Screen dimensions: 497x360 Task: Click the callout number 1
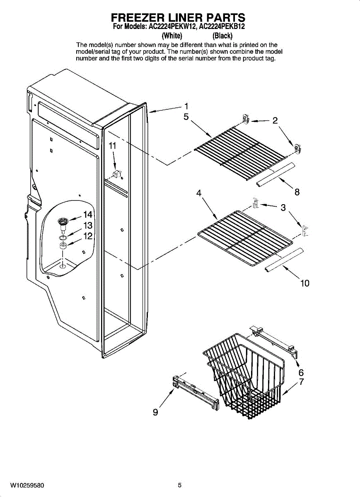[186, 106]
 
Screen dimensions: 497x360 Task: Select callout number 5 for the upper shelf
[186, 117]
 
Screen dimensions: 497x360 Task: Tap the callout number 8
[297, 192]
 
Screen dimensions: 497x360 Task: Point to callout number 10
[304, 284]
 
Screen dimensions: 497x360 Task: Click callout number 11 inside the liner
[112, 146]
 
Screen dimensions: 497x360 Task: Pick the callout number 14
[87, 215]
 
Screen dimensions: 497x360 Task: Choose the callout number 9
[155, 412]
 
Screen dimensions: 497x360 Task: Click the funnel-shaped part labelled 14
[63, 223]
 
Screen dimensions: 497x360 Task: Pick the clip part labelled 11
[117, 173]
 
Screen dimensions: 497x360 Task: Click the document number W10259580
[27, 485]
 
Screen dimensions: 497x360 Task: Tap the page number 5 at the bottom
[180, 485]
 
